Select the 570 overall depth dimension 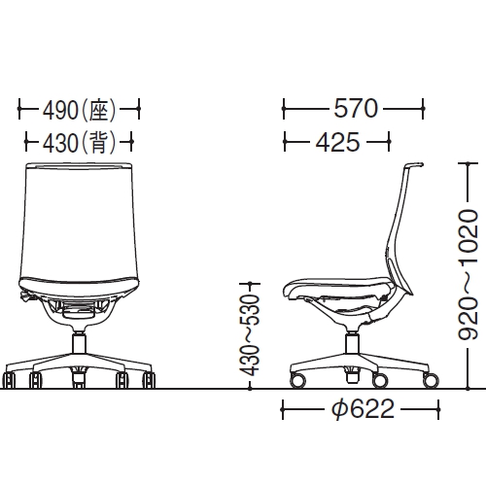click(354, 106)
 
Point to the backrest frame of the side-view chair click(405, 224)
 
